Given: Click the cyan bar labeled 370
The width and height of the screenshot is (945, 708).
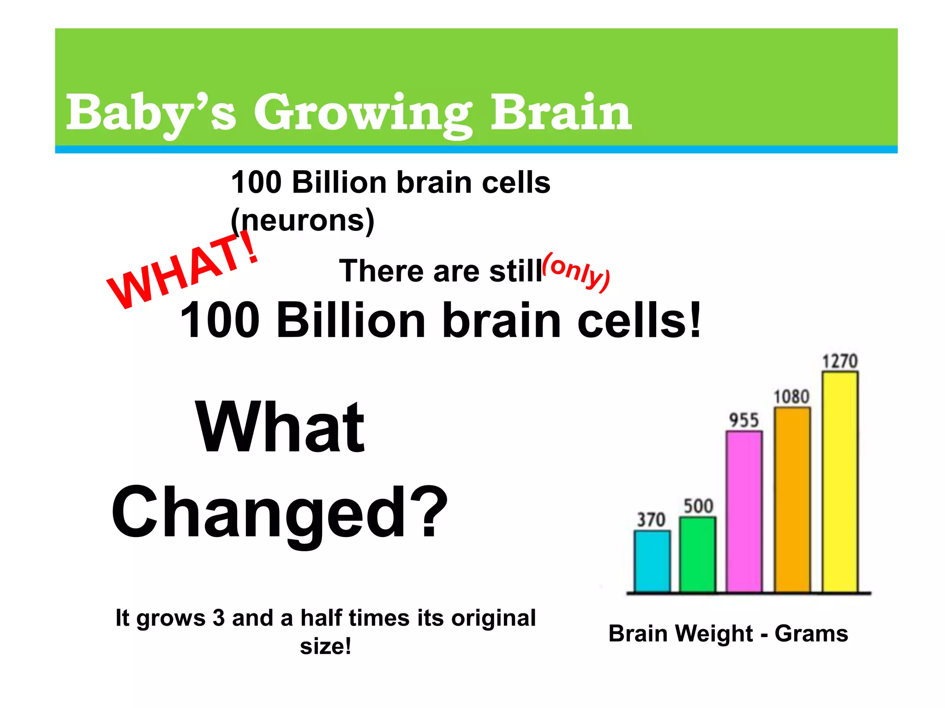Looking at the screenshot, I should tap(652, 561).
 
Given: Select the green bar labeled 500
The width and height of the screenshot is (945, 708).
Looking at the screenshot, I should tap(698, 555).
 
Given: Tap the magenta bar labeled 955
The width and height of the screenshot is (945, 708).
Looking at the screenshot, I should tap(744, 512).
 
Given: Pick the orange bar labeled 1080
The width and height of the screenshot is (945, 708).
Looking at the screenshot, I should tap(792, 500).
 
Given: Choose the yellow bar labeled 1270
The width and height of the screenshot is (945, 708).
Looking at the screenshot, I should tap(840, 482).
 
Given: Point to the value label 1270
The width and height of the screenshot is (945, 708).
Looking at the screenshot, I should tap(840, 361).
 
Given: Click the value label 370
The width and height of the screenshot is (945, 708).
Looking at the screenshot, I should tap(651, 519).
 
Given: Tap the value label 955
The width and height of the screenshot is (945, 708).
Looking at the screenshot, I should tap(744, 420).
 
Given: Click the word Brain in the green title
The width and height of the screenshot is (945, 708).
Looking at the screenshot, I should tap(560, 112).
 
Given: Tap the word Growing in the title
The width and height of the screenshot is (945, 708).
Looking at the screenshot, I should tap(363, 114).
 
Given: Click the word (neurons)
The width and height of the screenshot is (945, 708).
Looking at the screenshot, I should tap(303, 221).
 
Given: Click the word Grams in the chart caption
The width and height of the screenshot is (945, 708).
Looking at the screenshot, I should tap(811, 633).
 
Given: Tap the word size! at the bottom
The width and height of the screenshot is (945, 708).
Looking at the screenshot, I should tap(325, 646).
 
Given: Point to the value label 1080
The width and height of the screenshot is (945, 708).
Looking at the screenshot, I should tap(791, 397).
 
